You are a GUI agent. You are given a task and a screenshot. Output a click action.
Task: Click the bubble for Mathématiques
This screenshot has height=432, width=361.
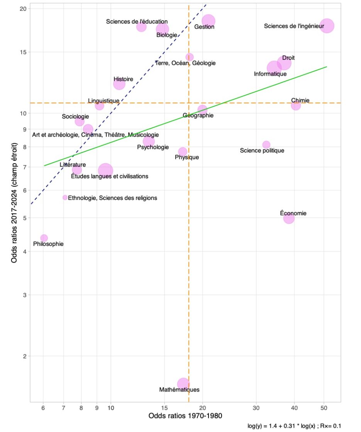pos(183,384)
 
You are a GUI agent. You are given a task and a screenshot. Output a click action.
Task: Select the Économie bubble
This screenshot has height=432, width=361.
pos(289,218)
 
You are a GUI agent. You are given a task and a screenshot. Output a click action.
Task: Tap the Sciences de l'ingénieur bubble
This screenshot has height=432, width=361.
pos(327,26)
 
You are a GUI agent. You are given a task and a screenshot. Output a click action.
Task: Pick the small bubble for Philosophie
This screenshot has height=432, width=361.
pos(44,238)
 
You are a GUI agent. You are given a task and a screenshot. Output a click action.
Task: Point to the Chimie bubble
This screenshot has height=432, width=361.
pos(296,105)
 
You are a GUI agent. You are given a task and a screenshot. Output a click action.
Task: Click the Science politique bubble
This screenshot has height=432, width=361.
pos(266,145)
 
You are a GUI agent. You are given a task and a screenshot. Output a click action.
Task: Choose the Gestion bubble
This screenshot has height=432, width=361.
pos(208,21)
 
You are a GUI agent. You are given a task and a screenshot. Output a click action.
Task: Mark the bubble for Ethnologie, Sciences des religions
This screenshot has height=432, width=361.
pos(65,197)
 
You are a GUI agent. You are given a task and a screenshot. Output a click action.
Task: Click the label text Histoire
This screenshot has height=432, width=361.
pos(123,79)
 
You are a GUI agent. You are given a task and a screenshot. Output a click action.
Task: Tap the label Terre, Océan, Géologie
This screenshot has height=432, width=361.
pos(185,63)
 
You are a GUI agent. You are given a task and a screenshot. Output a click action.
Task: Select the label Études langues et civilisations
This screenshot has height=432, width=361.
pos(110,176)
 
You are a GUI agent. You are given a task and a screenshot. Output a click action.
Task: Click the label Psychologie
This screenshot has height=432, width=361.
pos(153,147)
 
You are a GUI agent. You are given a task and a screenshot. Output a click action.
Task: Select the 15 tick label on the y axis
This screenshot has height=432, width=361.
pos(23,52)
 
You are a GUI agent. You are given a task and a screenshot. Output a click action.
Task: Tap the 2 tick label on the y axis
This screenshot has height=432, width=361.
pos(24,356)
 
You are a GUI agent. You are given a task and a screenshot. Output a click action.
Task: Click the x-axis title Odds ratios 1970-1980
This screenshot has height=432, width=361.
pos(185,417)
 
